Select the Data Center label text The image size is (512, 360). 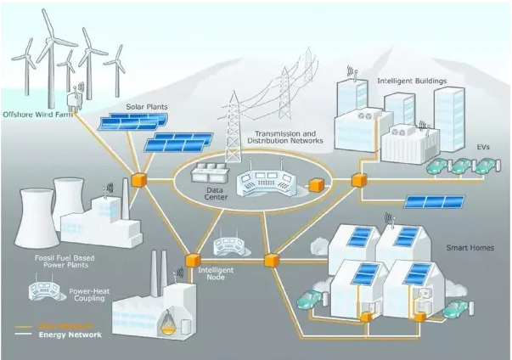coord(216,193)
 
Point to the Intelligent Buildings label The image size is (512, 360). coord(411,82)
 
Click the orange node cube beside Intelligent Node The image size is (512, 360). coord(192,260)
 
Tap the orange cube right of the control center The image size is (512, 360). coord(318,183)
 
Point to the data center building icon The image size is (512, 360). coord(208,174)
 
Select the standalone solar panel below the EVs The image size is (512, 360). coord(434,202)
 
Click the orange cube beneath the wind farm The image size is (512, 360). coord(138,179)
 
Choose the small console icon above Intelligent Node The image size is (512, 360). coord(228,246)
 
